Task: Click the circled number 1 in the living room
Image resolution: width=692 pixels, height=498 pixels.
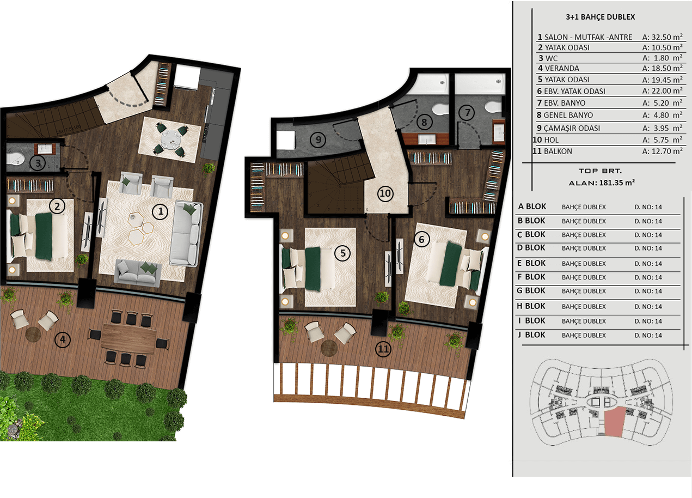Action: (x=160, y=211)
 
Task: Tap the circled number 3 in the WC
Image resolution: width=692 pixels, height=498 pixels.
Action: (x=38, y=163)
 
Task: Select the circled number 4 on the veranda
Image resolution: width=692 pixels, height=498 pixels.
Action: (x=63, y=340)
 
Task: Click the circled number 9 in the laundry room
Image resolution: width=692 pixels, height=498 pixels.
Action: (x=318, y=140)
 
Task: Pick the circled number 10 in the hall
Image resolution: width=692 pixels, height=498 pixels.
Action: (x=385, y=193)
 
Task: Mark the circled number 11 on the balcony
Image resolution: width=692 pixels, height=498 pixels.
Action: (x=383, y=349)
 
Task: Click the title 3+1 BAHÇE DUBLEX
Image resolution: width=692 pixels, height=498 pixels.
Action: (x=600, y=17)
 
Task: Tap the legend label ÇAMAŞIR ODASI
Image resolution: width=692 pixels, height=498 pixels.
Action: (x=572, y=128)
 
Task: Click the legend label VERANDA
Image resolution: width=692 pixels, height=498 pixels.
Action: (x=562, y=68)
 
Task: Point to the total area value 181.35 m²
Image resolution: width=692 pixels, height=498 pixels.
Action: (x=617, y=183)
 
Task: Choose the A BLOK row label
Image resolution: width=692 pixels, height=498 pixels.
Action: (x=532, y=207)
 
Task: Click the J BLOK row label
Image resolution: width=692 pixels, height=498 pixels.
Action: (x=532, y=335)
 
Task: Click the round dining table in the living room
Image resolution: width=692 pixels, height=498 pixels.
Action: (x=170, y=139)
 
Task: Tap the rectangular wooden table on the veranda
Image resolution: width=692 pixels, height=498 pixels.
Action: (x=129, y=338)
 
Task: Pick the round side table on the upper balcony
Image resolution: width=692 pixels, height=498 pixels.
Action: (x=329, y=348)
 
